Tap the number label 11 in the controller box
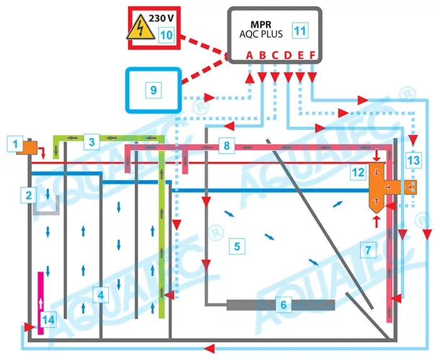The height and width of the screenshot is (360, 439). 300,29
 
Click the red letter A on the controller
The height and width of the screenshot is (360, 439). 249,55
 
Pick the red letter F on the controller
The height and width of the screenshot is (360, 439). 313,55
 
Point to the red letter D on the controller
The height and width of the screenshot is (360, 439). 287,55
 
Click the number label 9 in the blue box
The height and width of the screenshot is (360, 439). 154,90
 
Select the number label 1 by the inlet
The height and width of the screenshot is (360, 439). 13,144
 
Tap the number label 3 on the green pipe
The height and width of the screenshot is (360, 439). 92,142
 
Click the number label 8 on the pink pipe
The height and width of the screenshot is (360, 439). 226,147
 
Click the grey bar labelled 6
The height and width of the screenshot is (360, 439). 280,305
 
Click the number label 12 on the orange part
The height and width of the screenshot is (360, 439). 358,171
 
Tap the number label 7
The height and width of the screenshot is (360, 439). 368,250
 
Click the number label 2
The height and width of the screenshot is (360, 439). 29,195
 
